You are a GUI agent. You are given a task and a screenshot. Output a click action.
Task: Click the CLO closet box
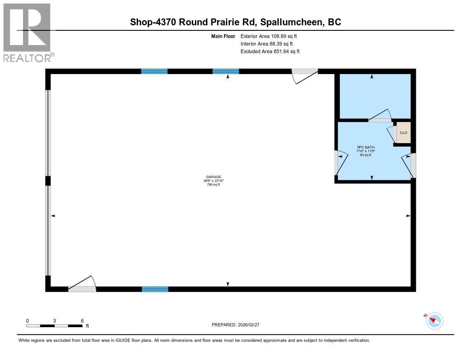403,133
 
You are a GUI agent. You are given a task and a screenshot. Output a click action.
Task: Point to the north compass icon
434,320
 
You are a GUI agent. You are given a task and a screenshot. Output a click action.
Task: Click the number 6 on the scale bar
82,320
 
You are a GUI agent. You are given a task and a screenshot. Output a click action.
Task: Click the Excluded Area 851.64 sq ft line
270,52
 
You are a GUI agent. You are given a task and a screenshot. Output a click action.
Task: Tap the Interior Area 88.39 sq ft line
270,44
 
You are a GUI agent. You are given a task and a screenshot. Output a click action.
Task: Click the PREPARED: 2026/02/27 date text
238,325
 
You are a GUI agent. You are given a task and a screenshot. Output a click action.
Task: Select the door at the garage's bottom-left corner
82,285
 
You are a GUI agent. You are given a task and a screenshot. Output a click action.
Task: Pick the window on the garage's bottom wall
155,289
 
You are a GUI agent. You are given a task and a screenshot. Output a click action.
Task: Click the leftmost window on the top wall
154,71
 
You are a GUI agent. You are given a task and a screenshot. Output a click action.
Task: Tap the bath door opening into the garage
339,164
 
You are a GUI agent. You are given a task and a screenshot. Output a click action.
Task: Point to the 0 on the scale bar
28,320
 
